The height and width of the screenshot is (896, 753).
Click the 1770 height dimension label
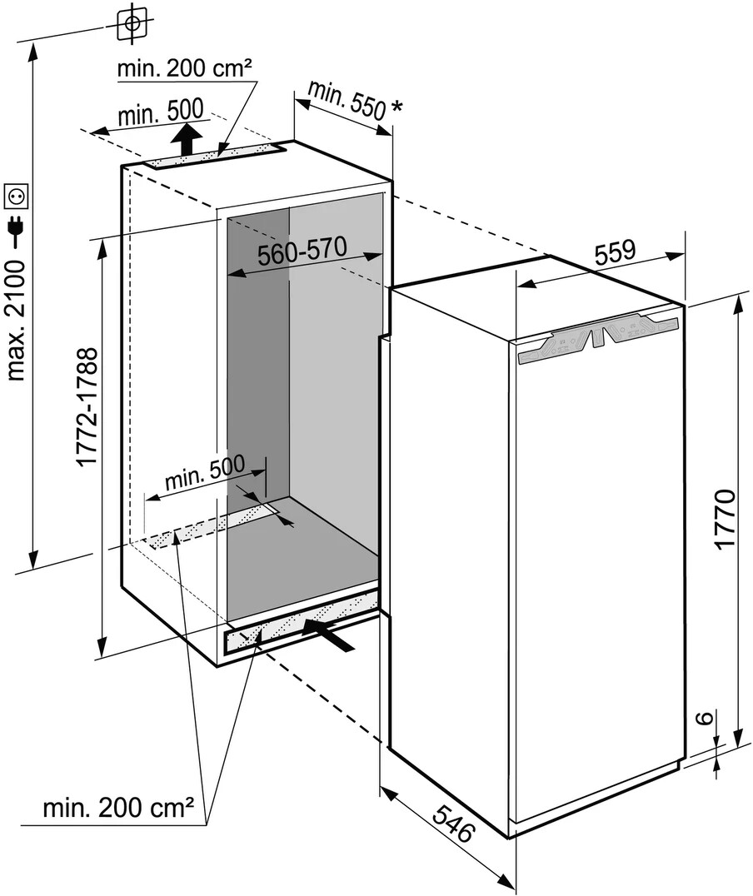click(726, 519)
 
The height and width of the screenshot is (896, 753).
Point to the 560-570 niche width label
click(301, 255)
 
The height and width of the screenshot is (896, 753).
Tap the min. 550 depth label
click(347, 99)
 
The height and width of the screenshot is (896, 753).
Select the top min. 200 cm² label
click(184, 68)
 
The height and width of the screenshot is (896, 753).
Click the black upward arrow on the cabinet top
click(189, 138)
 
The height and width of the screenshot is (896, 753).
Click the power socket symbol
click(17, 196)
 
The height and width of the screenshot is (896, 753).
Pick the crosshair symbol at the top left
click(131, 23)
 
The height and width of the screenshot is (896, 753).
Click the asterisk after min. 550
click(396, 107)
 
